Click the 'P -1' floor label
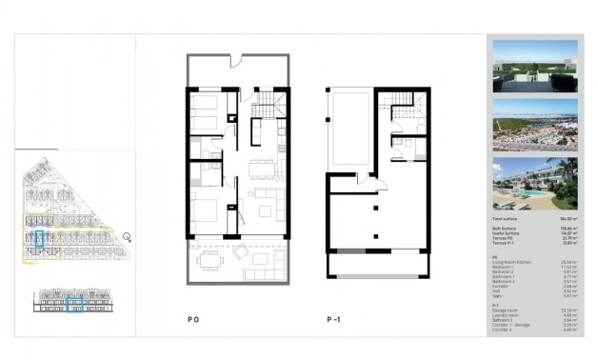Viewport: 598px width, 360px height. [331, 321]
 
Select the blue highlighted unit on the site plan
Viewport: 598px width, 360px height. [39, 239]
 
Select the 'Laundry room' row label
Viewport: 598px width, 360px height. [505, 313]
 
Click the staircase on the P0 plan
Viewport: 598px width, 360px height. [271, 102]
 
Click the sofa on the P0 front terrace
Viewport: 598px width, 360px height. [261, 256]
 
